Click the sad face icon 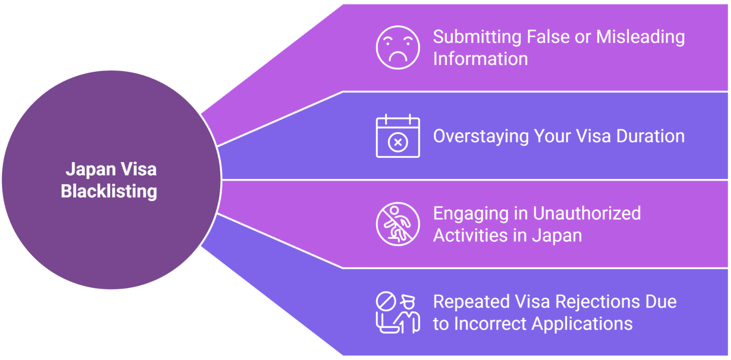[397, 48]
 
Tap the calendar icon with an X [397, 136]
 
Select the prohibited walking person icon [397, 224]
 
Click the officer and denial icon [397, 312]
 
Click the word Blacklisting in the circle [109, 191]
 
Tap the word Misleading [640, 37]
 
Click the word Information [481, 59]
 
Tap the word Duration [650, 136]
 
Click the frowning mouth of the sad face [398, 57]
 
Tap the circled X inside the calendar [398, 142]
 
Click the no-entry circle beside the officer [386, 301]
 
